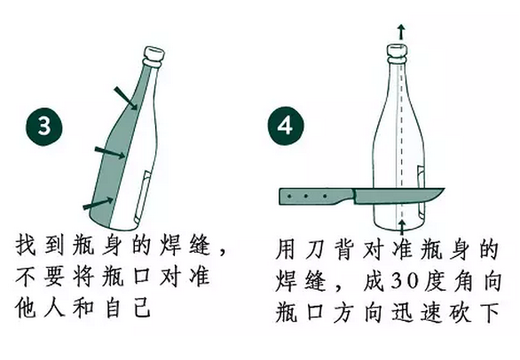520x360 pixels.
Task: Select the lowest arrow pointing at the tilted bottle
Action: [95, 206]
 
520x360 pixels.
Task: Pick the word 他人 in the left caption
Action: [42, 310]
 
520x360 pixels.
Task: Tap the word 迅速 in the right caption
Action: [421, 311]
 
